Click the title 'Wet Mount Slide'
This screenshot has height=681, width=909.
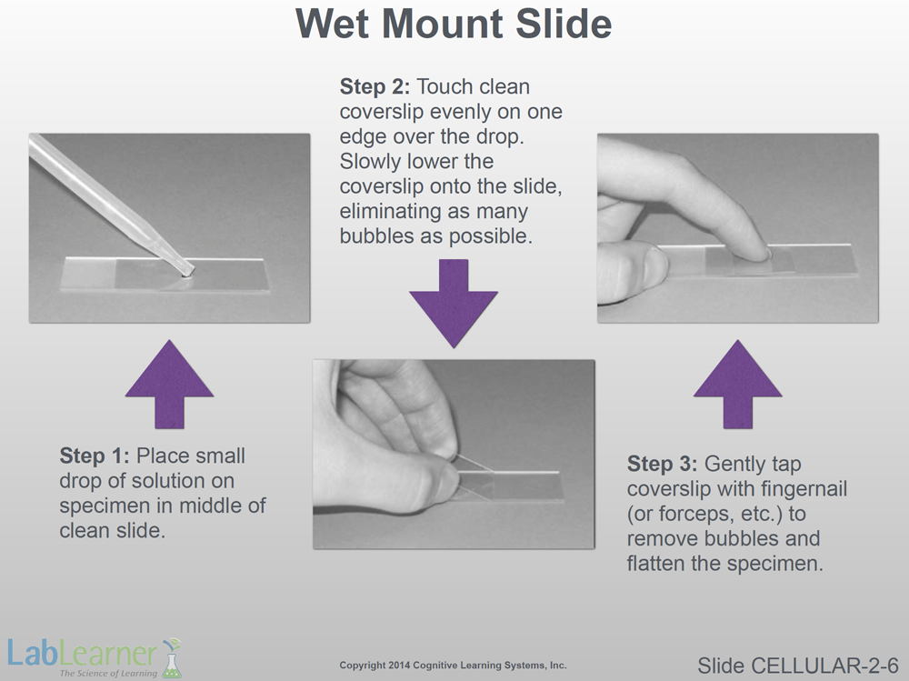coord(454,24)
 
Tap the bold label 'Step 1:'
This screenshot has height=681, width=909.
coord(95,456)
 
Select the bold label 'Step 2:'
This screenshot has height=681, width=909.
coord(375,86)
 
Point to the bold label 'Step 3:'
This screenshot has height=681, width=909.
coord(662,464)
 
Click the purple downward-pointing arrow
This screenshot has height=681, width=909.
coord(454,303)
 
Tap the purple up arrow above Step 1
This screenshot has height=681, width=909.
coord(169,384)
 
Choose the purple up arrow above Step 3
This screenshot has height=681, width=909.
coord(738,384)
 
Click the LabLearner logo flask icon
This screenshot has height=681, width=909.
coord(172,658)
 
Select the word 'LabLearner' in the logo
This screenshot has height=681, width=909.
coord(82,654)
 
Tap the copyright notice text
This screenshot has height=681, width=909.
coord(453,666)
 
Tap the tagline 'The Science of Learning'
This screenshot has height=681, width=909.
coord(108,674)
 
